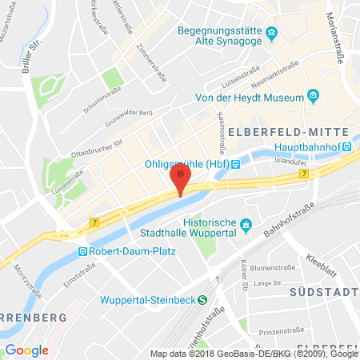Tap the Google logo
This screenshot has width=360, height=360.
point(27,350)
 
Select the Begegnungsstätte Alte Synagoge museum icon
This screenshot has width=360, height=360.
point(272,33)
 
